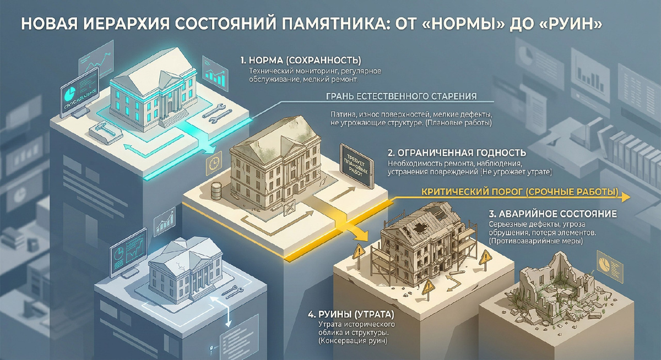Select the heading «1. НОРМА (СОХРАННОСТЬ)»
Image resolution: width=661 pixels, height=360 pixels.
301,61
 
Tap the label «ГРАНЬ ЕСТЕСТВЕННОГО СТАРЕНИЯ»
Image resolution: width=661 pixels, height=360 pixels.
402,96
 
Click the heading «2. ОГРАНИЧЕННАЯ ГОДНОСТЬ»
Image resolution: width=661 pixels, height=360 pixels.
457,152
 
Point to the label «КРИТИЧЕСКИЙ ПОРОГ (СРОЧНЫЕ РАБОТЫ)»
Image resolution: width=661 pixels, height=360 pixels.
519,192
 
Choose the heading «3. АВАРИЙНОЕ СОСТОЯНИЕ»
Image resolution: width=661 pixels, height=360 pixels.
553,214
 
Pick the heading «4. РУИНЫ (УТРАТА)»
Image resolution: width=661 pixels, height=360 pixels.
351,315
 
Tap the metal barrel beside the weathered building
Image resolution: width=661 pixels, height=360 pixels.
216,191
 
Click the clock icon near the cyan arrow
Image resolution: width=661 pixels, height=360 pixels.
214,162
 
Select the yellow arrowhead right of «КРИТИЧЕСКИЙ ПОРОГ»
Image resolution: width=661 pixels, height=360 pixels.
625,197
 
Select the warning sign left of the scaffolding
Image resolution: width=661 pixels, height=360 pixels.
359,251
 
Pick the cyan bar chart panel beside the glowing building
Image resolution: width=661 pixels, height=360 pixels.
215,74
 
